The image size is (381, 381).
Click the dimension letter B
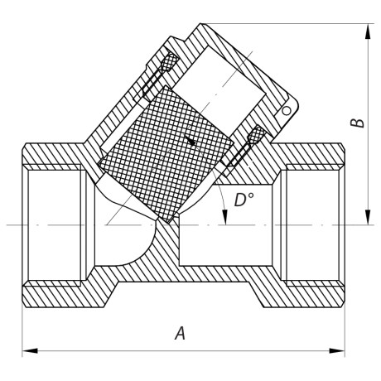tap(357, 122)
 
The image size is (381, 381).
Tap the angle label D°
tap(244, 201)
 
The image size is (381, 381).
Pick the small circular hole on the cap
tap(286, 110)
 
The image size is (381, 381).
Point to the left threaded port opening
tap(55, 224)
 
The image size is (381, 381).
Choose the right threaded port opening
tap(311, 224)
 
